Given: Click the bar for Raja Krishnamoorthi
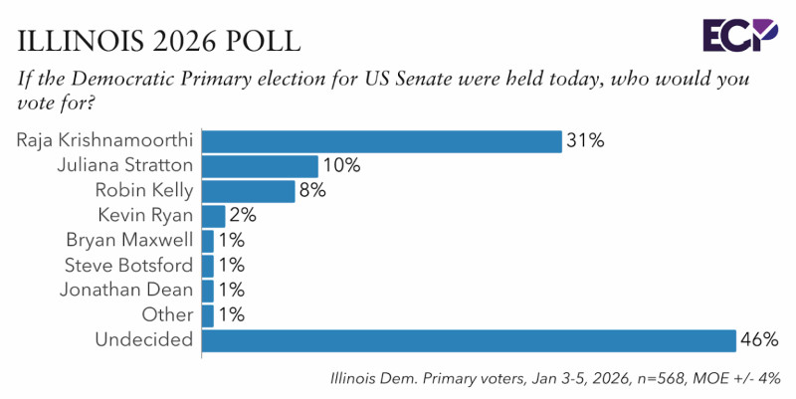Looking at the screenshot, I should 381,140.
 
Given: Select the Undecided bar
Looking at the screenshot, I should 468,341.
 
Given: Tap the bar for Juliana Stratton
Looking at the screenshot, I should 260,165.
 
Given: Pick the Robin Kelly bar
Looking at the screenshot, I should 249,190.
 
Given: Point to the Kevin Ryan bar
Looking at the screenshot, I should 214,215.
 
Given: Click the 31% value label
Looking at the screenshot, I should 586,140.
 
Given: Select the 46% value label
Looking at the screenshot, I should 759,341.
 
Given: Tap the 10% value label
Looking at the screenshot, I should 341,165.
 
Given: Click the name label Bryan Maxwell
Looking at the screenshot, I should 129,240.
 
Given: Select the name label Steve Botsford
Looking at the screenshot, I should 128,266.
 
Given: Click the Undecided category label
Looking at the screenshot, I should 144,341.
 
